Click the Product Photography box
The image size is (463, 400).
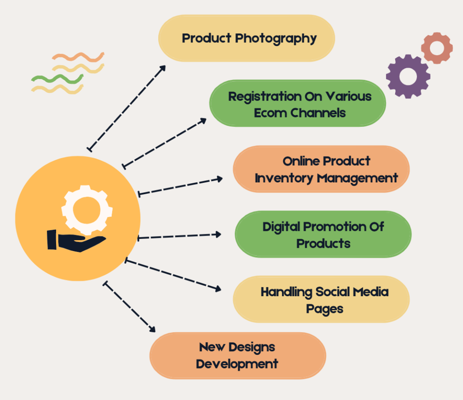[246, 38]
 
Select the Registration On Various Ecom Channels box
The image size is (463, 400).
[298, 103]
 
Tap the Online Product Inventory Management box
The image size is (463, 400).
[321, 169]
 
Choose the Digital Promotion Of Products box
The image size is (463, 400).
[323, 234]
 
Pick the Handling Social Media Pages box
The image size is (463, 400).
[321, 299]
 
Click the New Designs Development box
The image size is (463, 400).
[237, 355]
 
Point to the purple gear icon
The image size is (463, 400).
[408, 76]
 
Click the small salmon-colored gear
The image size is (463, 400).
[437, 48]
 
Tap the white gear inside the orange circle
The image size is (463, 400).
[87, 209]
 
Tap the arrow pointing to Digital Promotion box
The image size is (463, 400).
[179, 236]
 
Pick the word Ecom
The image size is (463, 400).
[270, 113]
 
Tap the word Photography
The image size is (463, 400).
[276, 38]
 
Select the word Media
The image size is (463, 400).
[370, 292]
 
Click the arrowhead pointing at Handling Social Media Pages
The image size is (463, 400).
[219, 288]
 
